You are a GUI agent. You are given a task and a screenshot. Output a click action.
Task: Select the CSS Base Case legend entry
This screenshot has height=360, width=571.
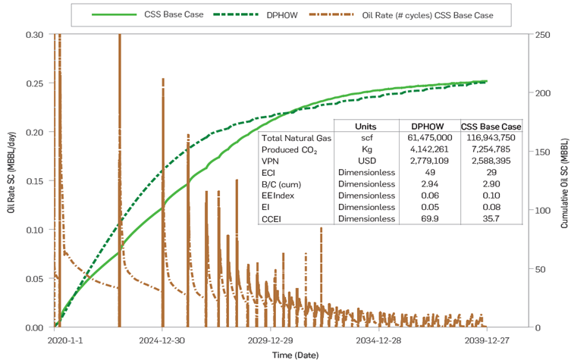173,14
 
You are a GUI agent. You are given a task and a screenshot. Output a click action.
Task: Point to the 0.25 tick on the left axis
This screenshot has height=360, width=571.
36,83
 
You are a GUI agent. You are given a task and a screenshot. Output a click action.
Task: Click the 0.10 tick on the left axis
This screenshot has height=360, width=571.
36,230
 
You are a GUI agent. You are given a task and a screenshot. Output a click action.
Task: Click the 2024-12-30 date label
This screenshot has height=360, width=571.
163,340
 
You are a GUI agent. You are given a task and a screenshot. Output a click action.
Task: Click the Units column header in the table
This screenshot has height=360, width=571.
366,126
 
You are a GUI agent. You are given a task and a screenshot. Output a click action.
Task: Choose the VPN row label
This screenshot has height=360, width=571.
271,161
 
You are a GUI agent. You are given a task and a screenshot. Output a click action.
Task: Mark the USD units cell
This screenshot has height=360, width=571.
366,161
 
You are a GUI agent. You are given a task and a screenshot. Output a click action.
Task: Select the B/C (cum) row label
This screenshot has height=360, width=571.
281,184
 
